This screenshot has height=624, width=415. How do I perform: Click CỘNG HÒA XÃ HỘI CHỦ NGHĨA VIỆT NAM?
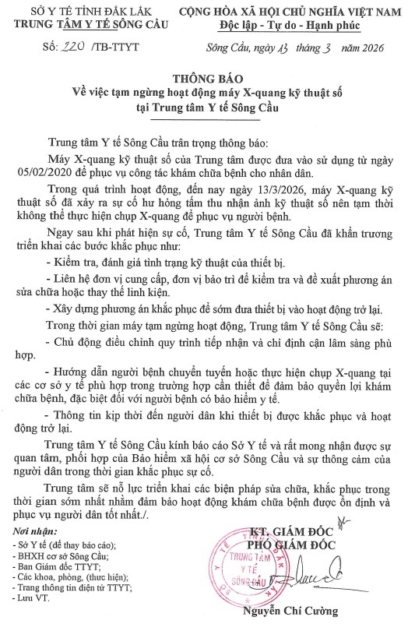[x=298, y=12]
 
